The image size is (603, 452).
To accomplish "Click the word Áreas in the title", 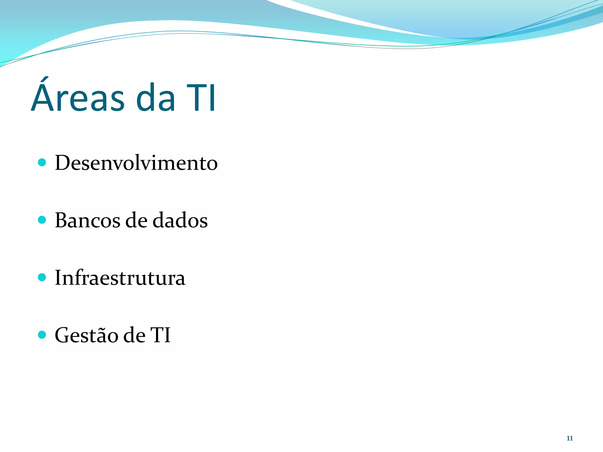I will point(78,97).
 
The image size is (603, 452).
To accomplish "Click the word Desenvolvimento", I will point(136,163).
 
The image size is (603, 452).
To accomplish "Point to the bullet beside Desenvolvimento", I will point(42,162).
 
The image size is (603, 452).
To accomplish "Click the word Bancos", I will point(87,220).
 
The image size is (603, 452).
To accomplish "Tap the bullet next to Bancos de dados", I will point(42,220).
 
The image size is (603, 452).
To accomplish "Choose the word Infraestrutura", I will point(120,277).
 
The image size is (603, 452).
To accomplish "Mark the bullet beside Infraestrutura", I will point(42,277).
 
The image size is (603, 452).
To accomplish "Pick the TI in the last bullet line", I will point(160,335).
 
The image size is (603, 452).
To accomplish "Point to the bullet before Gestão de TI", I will point(42,335).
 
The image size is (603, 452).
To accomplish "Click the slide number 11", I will point(569,438).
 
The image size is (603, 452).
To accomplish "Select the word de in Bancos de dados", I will point(136,220).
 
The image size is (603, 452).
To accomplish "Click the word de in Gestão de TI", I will point(134,335).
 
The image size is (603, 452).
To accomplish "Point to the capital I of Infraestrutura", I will point(58,277).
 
